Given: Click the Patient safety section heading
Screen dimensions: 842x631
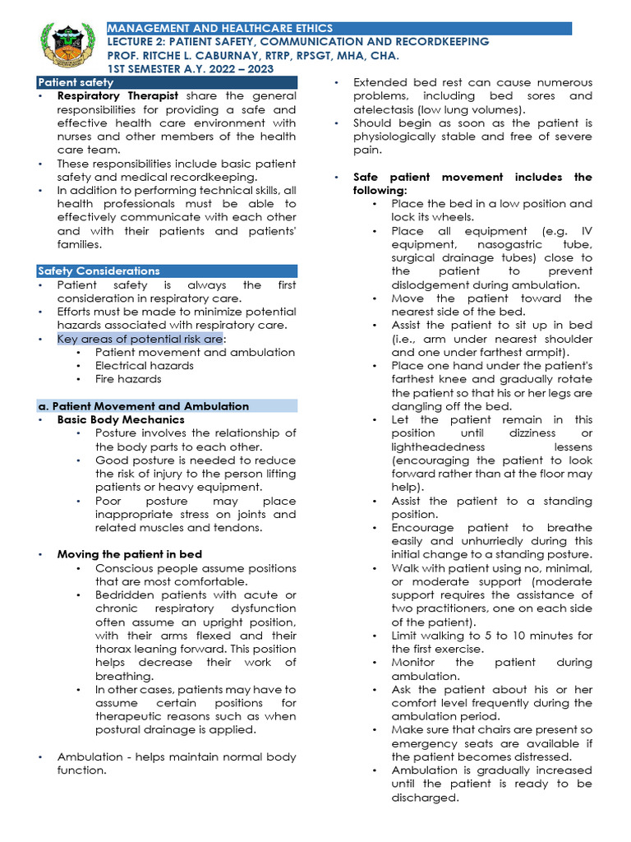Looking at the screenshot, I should (x=76, y=83).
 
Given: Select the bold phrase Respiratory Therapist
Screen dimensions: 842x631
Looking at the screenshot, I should (x=117, y=96).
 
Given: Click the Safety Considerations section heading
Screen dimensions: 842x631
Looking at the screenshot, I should (x=99, y=271).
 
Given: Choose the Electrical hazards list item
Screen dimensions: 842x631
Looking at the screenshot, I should (x=145, y=365).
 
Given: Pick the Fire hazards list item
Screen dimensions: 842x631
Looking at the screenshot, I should (x=128, y=379).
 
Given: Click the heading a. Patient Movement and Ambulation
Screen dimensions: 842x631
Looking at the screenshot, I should (x=144, y=406).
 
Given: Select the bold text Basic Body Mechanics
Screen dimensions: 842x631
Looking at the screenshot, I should (x=121, y=419).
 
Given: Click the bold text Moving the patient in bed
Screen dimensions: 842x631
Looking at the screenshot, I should (x=129, y=554).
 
